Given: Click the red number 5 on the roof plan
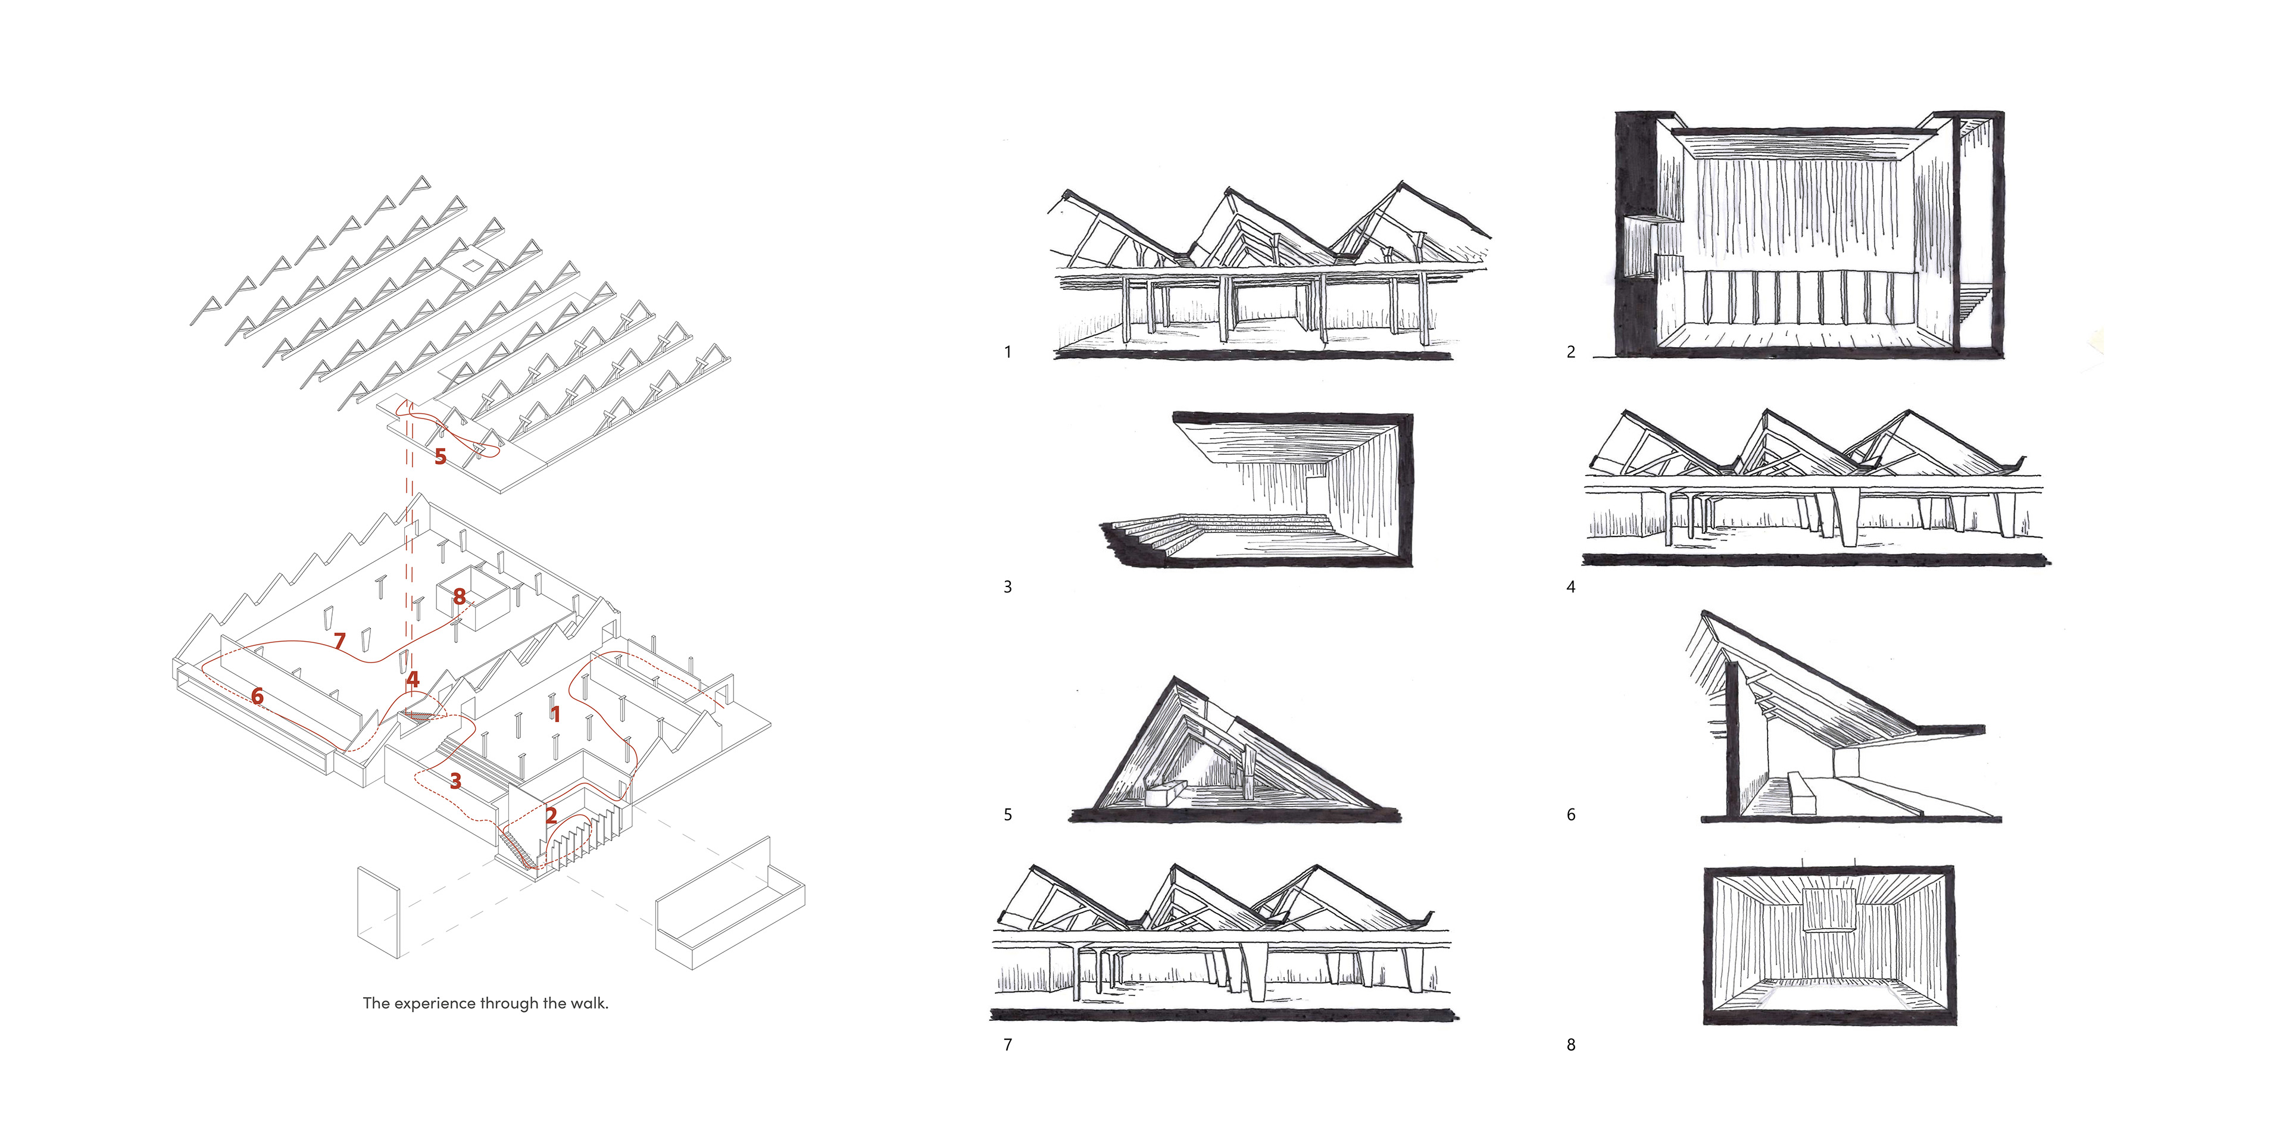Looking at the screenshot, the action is click(x=440, y=457).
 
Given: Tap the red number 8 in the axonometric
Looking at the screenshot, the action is click(x=459, y=597).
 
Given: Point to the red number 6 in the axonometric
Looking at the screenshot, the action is click(x=257, y=697).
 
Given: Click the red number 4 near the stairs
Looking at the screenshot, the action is click(x=412, y=680).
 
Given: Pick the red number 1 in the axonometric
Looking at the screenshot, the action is click(x=555, y=714).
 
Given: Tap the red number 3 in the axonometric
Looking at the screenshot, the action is click(x=455, y=781).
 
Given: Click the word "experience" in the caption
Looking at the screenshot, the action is click(x=434, y=1004).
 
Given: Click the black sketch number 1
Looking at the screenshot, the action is click(x=1007, y=352).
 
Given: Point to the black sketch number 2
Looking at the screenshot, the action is click(x=1571, y=352).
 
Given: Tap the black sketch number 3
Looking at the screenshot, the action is click(x=1007, y=586).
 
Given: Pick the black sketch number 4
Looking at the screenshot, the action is click(x=1571, y=586).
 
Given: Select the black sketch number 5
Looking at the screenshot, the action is click(x=1007, y=814).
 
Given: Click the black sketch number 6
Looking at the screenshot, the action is click(x=1571, y=814).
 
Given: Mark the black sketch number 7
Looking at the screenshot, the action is click(x=1007, y=1045).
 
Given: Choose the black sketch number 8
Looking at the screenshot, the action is click(x=1571, y=1045).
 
